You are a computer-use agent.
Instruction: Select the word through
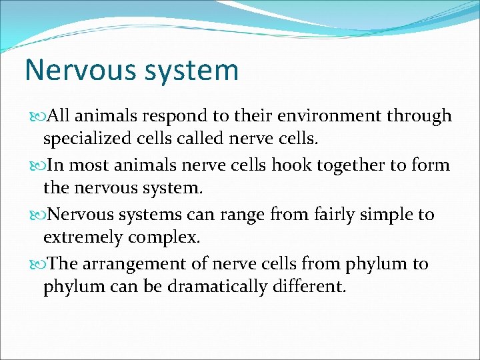pos(420,116)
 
